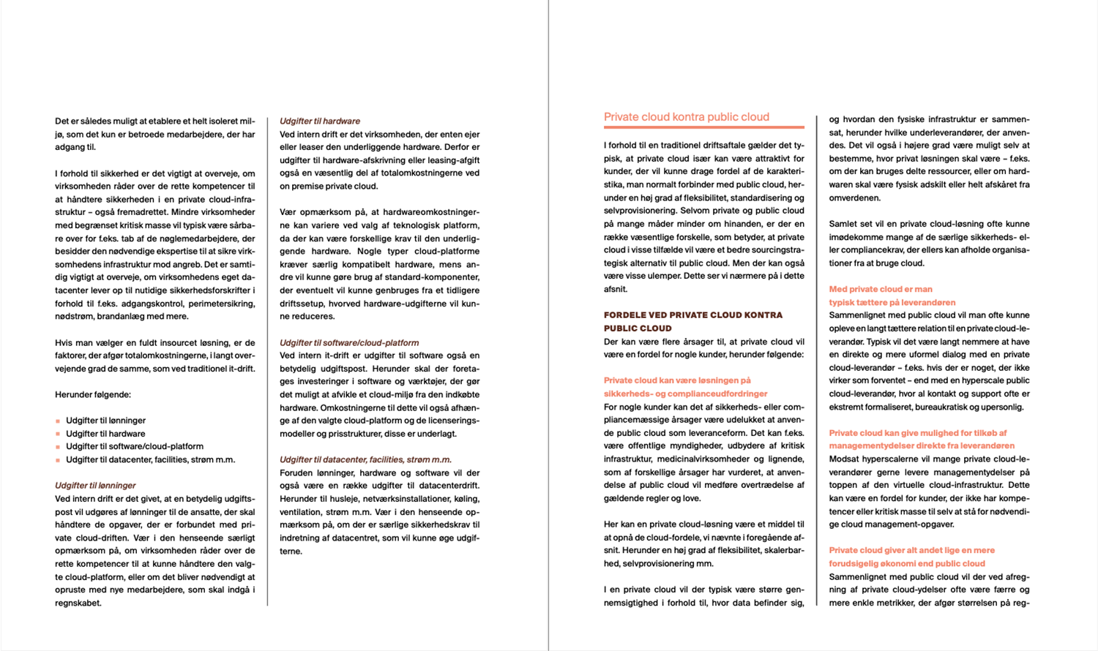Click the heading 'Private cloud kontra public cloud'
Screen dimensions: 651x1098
(686, 117)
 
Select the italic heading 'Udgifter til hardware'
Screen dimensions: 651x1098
(320, 121)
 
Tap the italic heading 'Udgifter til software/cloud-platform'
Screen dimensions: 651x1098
(349, 343)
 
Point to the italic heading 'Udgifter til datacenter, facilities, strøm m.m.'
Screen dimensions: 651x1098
(365, 460)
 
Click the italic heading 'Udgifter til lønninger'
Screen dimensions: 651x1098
(95, 486)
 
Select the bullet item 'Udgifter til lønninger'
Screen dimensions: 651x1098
(105, 421)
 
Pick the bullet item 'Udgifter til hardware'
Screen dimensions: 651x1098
(105, 434)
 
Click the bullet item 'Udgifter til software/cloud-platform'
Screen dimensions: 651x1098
(135, 446)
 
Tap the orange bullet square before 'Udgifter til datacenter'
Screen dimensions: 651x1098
(58, 460)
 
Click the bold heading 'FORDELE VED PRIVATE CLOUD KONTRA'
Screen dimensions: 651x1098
(692, 315)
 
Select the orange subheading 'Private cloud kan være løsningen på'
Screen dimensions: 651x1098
(677, 380)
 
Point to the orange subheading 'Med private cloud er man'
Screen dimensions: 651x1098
(881, 290)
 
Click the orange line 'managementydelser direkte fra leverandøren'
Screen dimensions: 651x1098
(922, 446)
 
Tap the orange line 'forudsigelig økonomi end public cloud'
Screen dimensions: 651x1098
(907, 564)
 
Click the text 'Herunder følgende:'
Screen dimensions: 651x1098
(93, 395)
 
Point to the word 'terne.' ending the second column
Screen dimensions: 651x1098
(291, 552)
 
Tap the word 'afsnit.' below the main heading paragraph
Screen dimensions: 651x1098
(616, 290)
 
